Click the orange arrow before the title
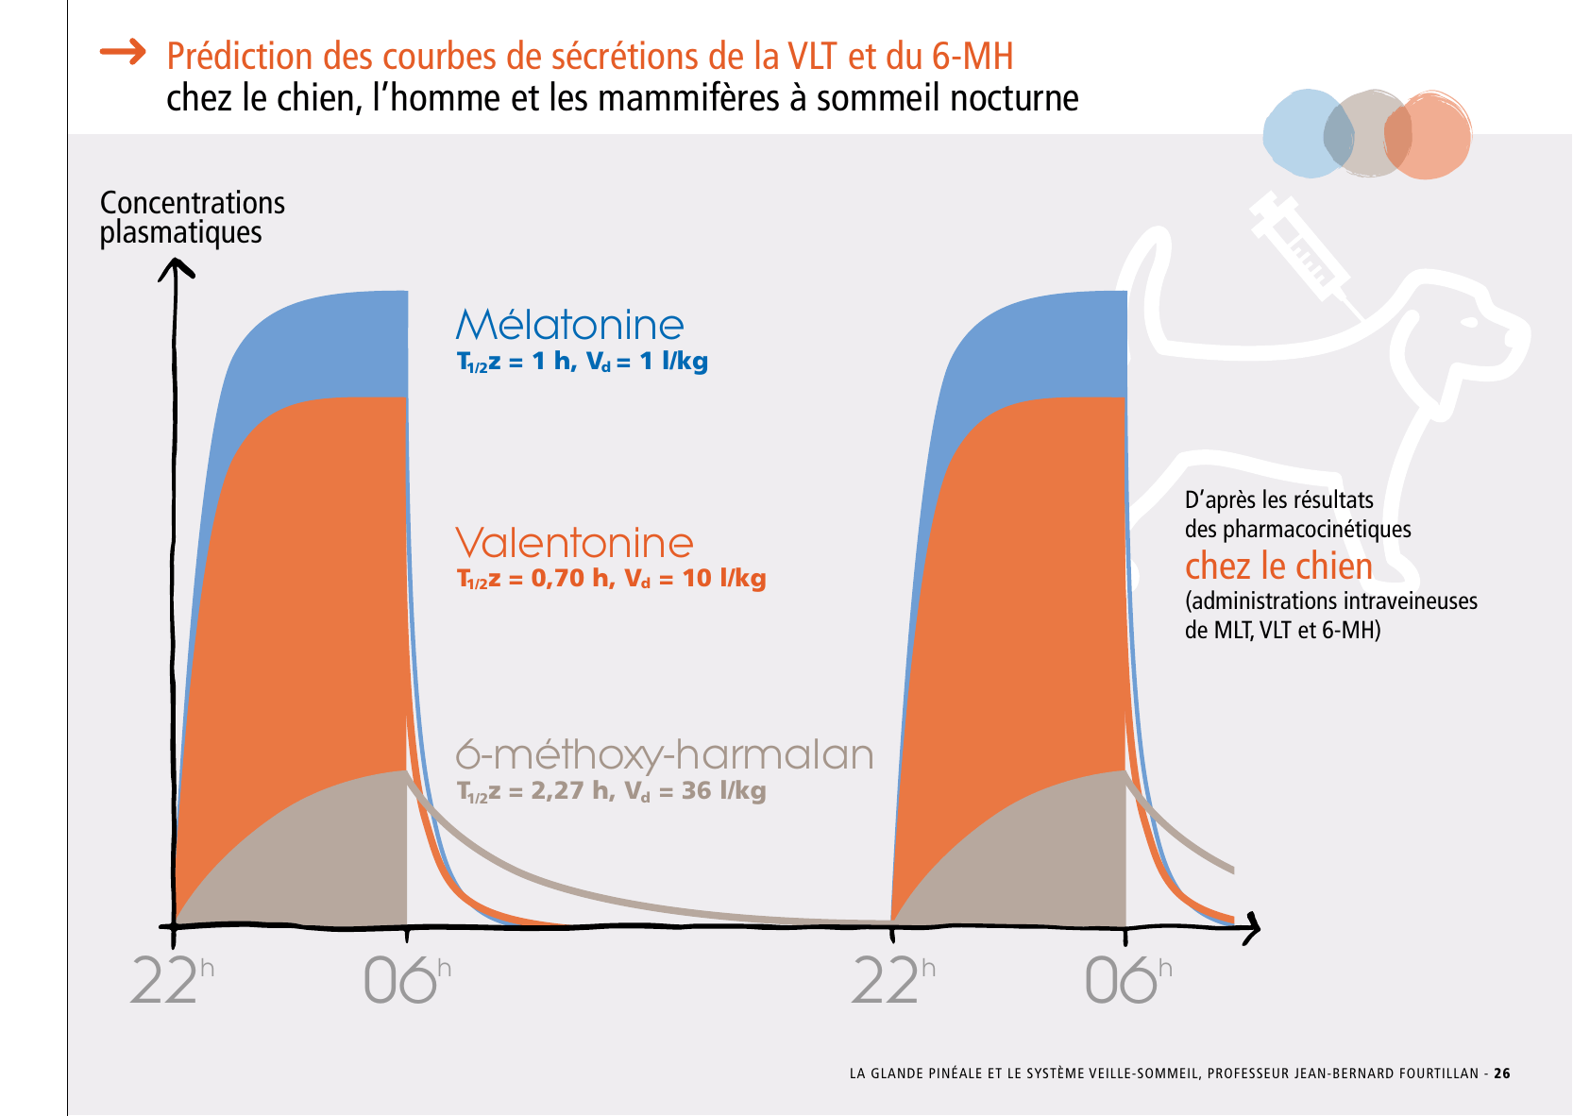point(123,52)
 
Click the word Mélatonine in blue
point(569,325)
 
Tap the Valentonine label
point(574,543)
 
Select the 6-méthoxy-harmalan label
point(665,754)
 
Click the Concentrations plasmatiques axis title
point(192,217)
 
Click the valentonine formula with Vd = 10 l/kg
point(611,579)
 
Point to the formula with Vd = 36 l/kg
point(611,791)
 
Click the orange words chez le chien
point(1278,566)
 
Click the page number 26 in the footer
point(1501,1074)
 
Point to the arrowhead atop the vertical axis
point(175,269)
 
